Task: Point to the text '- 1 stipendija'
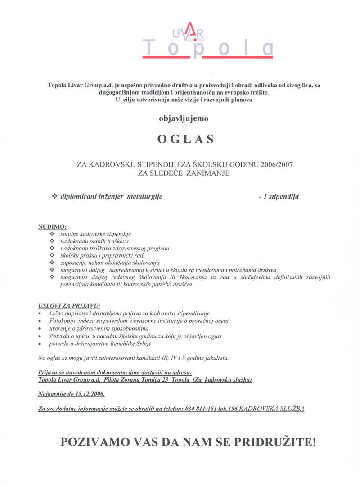click(279, 196)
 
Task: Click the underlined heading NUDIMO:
click(52, 227)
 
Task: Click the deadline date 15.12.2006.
click(88, 394)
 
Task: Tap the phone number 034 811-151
click(202, 409)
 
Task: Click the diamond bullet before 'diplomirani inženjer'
click(55, 196)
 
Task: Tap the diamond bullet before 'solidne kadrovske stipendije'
click(52, 234)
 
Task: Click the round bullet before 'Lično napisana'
click(40, 313)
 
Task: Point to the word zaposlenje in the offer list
click(73, 262)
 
